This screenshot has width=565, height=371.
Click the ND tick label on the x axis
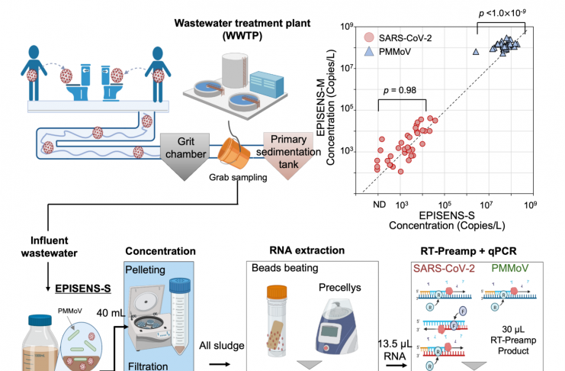377,205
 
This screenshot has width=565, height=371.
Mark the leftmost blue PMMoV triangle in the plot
476,52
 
